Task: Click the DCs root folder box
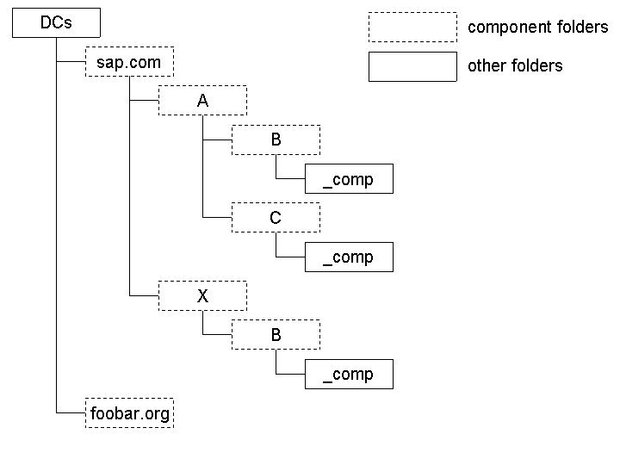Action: click(x=56, y=23)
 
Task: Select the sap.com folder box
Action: click(x=129, y=62)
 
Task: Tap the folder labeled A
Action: click(x=202, y=101)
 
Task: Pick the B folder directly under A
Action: click(x=276, y=139)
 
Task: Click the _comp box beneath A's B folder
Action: click(x=349, y=179)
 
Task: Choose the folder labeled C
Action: click(x=276, y=218)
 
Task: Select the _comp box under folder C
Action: click(x=349, y=257)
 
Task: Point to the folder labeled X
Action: click(x=202, y=296)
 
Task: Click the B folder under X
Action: click(x=276, y=335)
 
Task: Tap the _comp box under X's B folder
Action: click(x=349, y=374)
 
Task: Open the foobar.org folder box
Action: click(x=129, y=413)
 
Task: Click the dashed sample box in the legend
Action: click(x=412, y=27)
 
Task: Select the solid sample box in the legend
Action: click(x=412, y=66)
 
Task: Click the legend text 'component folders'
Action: click(x=537, y=28)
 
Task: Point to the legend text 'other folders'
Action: click(x=515, y=66)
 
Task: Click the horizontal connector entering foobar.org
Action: click(x=71, y=413)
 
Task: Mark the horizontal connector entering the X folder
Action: click(x=144, y=296)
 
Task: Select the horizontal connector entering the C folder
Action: click(x=217, y=218)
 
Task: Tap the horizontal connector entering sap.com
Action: click(x=71, y=62)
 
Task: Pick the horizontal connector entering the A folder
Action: click(x=144, y=101)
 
